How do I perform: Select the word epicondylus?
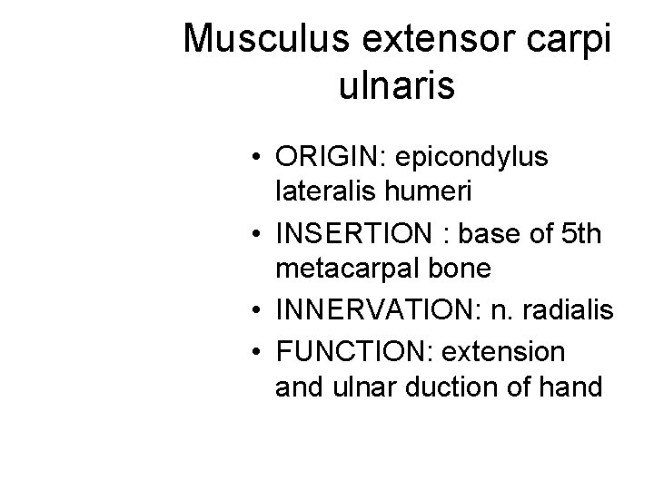(x=470, y=157)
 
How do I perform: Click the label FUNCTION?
(x=341, y=349)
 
